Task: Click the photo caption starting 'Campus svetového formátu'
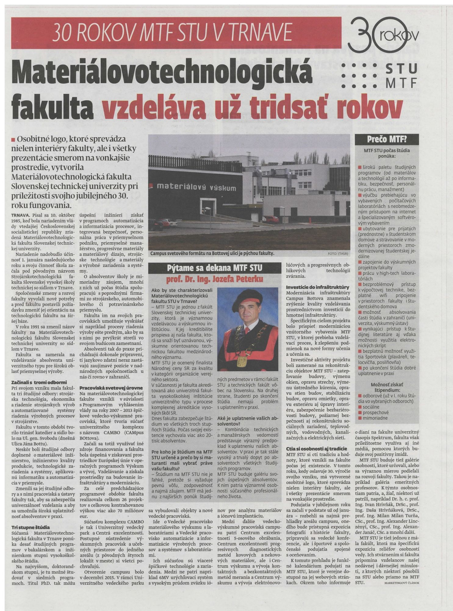(213, 253)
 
